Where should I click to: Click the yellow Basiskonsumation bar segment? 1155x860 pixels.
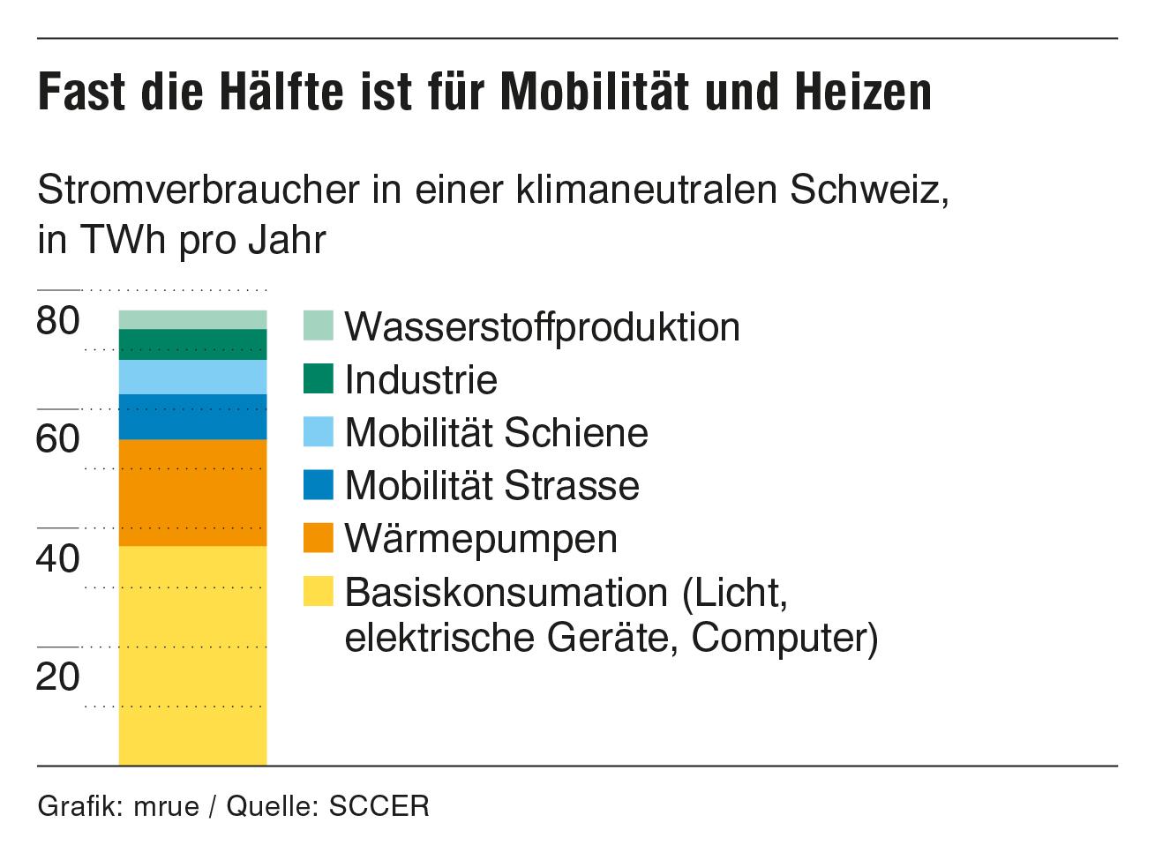(192, 654)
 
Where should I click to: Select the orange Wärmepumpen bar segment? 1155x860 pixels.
(192, 492)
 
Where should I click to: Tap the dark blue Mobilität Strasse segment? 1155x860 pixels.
(192, 416)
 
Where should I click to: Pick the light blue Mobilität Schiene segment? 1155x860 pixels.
(192, 377)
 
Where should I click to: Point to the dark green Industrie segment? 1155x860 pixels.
(192, 344)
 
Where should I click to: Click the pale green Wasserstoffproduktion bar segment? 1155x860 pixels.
(192, 319)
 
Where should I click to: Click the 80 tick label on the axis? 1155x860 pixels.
(58, 321)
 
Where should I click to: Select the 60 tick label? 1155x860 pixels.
(58, 439)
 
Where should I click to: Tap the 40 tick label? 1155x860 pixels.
(58, 558)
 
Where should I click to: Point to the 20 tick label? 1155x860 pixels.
(58, 677)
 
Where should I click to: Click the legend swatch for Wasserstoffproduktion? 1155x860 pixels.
(319, 325)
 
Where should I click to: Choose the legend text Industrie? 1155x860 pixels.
(421, 380)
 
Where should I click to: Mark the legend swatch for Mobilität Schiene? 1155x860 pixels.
(319, 431)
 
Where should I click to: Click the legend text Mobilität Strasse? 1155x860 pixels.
(491, 485)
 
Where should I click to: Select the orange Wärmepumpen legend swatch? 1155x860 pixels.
(319, 537)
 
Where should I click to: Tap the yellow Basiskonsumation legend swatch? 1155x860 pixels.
(319, 591)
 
